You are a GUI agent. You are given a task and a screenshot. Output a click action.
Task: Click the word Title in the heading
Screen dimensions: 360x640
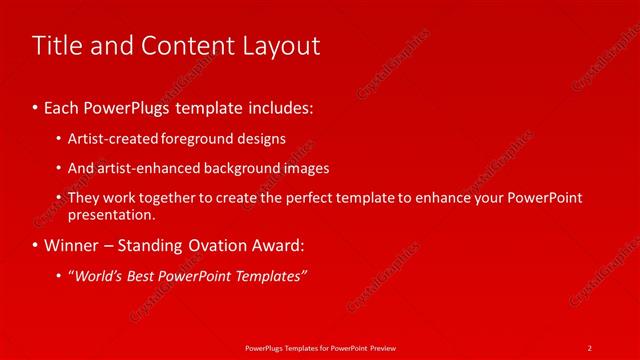click(x=57, y=45)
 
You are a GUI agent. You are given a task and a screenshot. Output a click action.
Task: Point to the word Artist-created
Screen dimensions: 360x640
click(x=107, y=139)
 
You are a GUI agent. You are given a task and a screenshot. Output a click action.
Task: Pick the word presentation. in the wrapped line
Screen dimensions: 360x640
click(x=112, y=214)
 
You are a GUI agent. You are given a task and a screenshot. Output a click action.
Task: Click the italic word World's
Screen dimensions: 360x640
click(x=97, y=275)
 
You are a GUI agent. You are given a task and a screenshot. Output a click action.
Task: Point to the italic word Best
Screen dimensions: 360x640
click(x=143, y=275)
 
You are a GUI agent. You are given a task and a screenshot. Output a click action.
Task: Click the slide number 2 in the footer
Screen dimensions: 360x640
click(x=590, y=347)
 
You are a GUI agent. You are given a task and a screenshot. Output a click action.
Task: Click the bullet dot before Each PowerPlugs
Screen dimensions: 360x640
click(x=36, y=105)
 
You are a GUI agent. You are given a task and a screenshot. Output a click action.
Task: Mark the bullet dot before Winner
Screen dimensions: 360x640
click(x=36, y=244)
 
